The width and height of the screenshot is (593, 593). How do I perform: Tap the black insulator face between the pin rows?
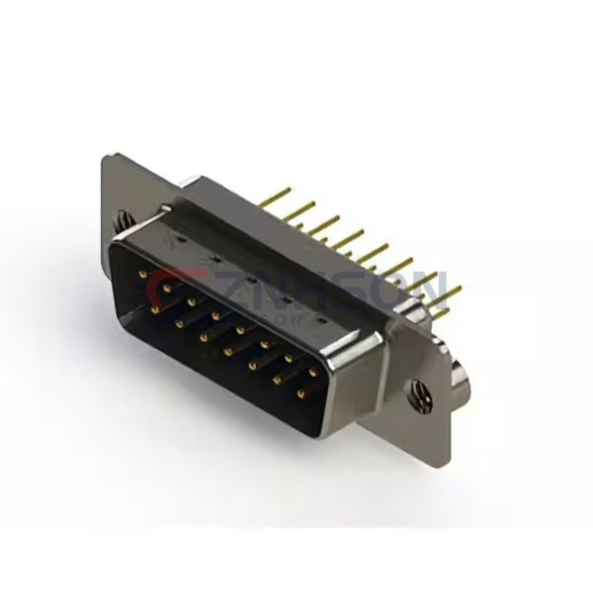198,316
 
